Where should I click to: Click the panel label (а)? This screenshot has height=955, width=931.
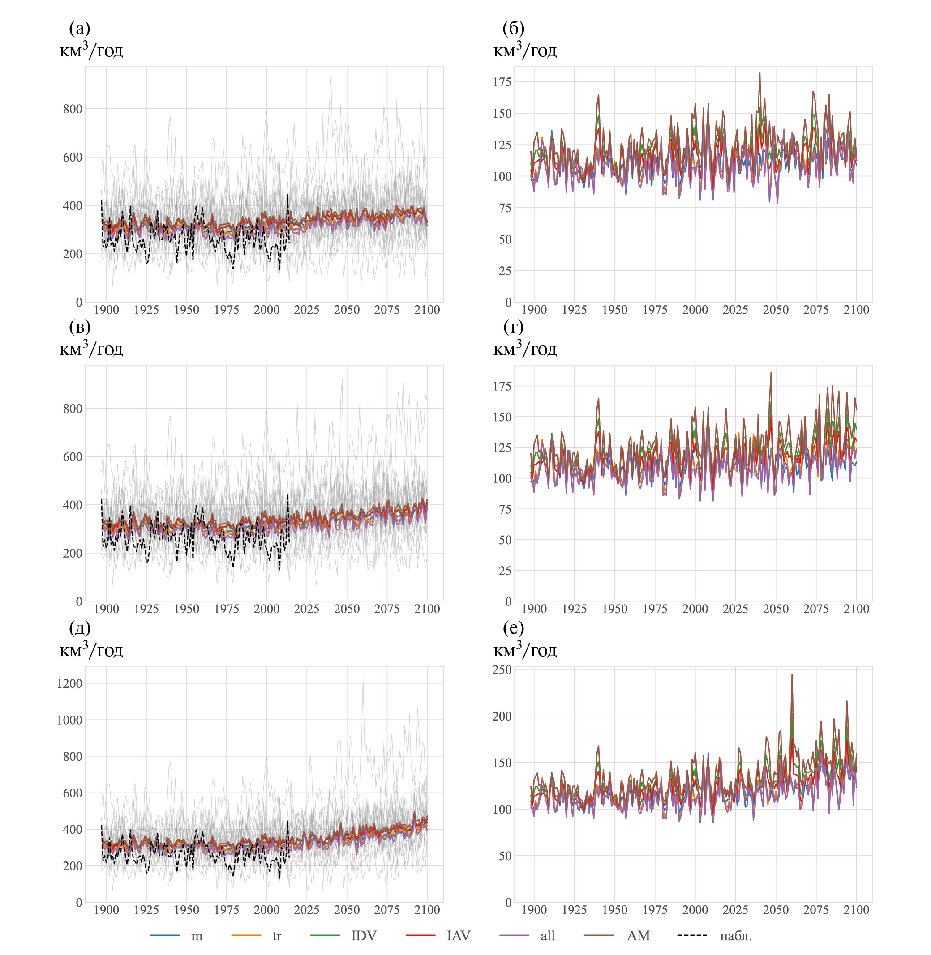pyautogui.click(x=80, y=28)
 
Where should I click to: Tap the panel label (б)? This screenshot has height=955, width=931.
pyautogui.click(x=514, y=28)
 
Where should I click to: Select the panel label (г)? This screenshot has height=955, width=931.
pyautogui.click(x=514, y=327)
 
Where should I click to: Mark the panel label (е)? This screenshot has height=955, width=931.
pyautogui.click(x=514, y=627)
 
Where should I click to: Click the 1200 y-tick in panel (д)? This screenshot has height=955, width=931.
pyautogui.click(x=69, y=683)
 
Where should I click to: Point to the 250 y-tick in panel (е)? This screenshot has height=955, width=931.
pyautogui.click(x=502, y=669)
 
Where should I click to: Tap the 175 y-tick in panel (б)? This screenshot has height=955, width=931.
pyautogui.click(x=502, y=81)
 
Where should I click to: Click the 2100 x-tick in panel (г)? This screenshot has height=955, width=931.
pyautogui.click(x=856, y=609)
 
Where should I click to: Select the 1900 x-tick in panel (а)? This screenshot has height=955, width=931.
pyautogui.click(x=106, y=310)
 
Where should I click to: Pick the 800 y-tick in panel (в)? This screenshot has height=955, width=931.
pyautogui.click(x=73, y=409)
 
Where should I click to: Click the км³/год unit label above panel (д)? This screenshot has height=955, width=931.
pyautogui.click(x=91, y=650)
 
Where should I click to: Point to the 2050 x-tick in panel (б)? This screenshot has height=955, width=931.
pyautogui.click(x=776, y=310)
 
